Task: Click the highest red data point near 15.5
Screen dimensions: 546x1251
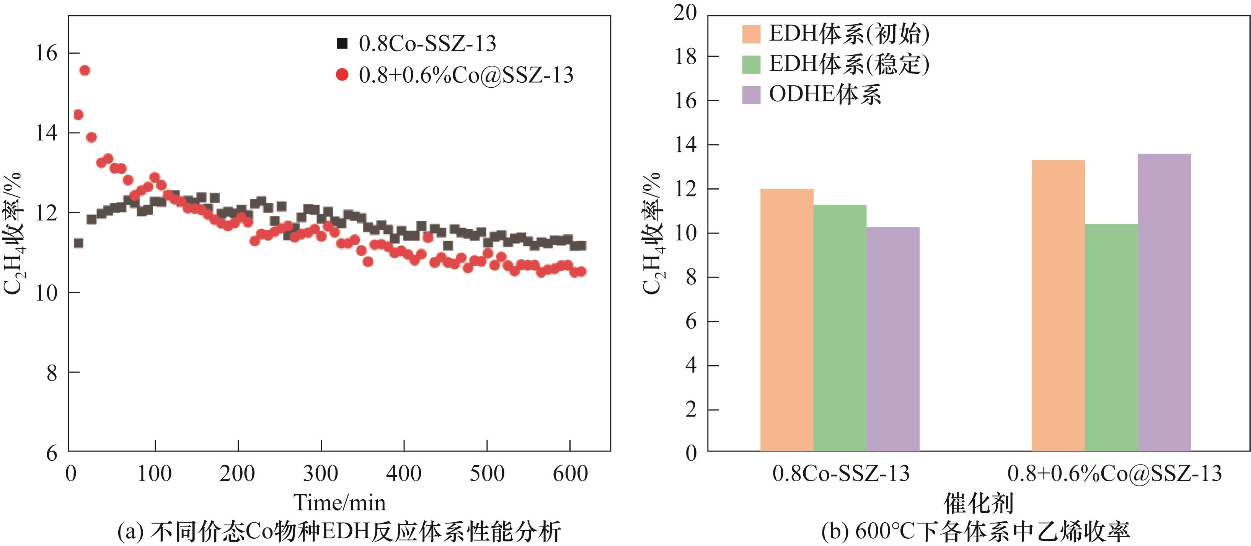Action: [x=85, y=70]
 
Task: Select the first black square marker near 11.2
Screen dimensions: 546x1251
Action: [x=78, y=242]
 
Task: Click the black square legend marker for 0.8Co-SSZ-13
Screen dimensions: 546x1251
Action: [x=343, y=44]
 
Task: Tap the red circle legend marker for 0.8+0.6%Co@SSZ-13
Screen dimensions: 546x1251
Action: [x=343, y=75]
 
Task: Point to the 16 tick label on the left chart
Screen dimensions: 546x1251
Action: [x=46, y=53]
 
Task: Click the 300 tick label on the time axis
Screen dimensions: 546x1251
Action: [x=321, y=474]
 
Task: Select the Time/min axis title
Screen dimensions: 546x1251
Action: [x=339, y=503]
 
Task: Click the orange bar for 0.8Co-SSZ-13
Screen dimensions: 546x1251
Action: [x=787, y=320]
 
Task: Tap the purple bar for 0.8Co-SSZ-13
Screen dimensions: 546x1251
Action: [x=892, y=340]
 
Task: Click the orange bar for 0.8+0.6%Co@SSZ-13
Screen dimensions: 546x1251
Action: [x=1058, y=306]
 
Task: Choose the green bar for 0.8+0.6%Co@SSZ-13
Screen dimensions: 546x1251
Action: [x=1111, y=338]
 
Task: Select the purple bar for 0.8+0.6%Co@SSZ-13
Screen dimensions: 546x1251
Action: [x=1164, y=302]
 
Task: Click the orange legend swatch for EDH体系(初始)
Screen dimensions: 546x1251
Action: [x=751, y=34]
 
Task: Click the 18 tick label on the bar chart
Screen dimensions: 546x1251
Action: [x=685, y=57]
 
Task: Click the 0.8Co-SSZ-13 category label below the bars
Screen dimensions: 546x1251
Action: [x=841, y=474]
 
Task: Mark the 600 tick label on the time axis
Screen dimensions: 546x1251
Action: [x=570, y=474]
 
